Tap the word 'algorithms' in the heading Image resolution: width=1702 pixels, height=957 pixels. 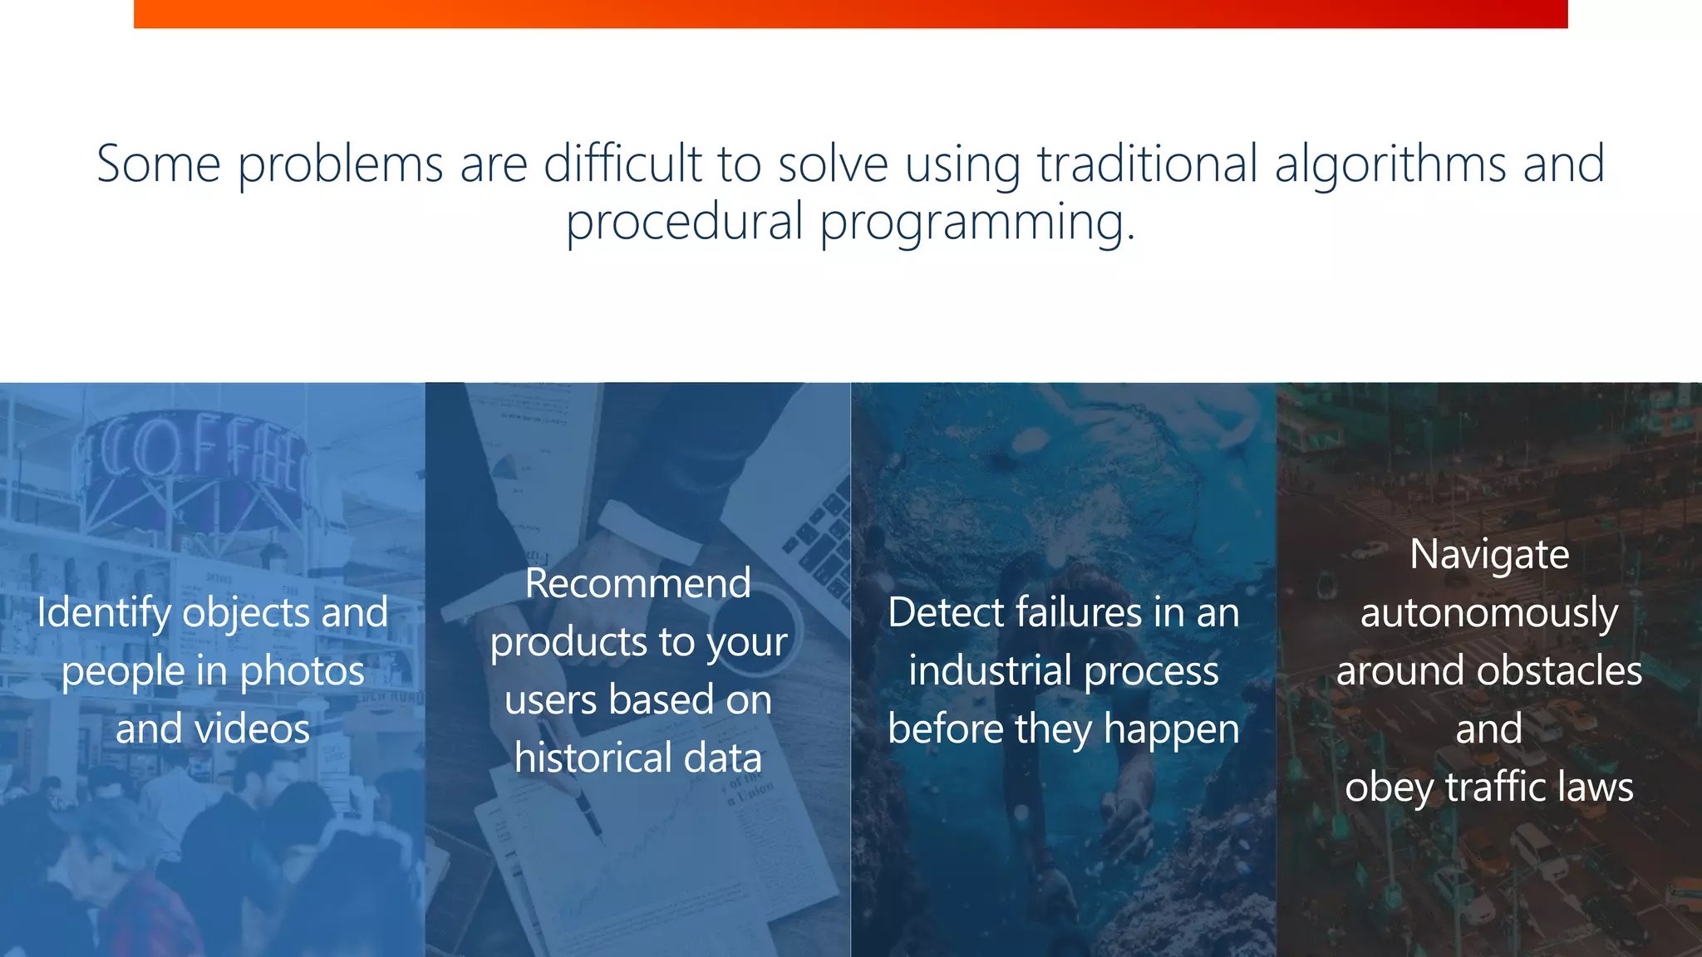click(1390, 164)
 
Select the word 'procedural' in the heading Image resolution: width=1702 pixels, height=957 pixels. click(684, 223)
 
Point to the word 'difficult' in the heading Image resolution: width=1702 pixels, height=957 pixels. click(622, 164)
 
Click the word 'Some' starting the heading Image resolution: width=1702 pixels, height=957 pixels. click(158, 164)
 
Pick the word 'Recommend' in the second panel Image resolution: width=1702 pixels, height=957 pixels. click(637, 583)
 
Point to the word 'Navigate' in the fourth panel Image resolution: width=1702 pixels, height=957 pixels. click(1489, 555)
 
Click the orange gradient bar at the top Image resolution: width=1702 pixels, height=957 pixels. click(850, 13)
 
